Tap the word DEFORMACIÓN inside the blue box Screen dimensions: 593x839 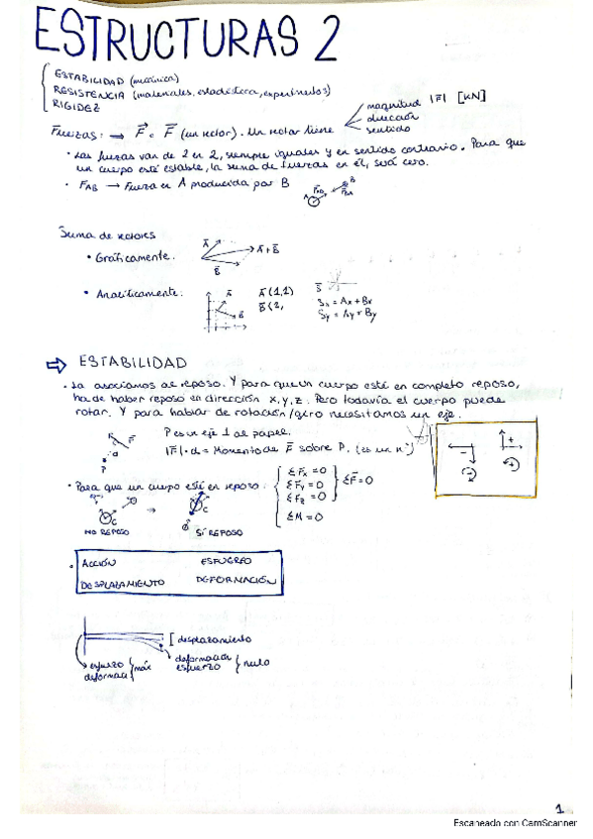coord(233,581)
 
